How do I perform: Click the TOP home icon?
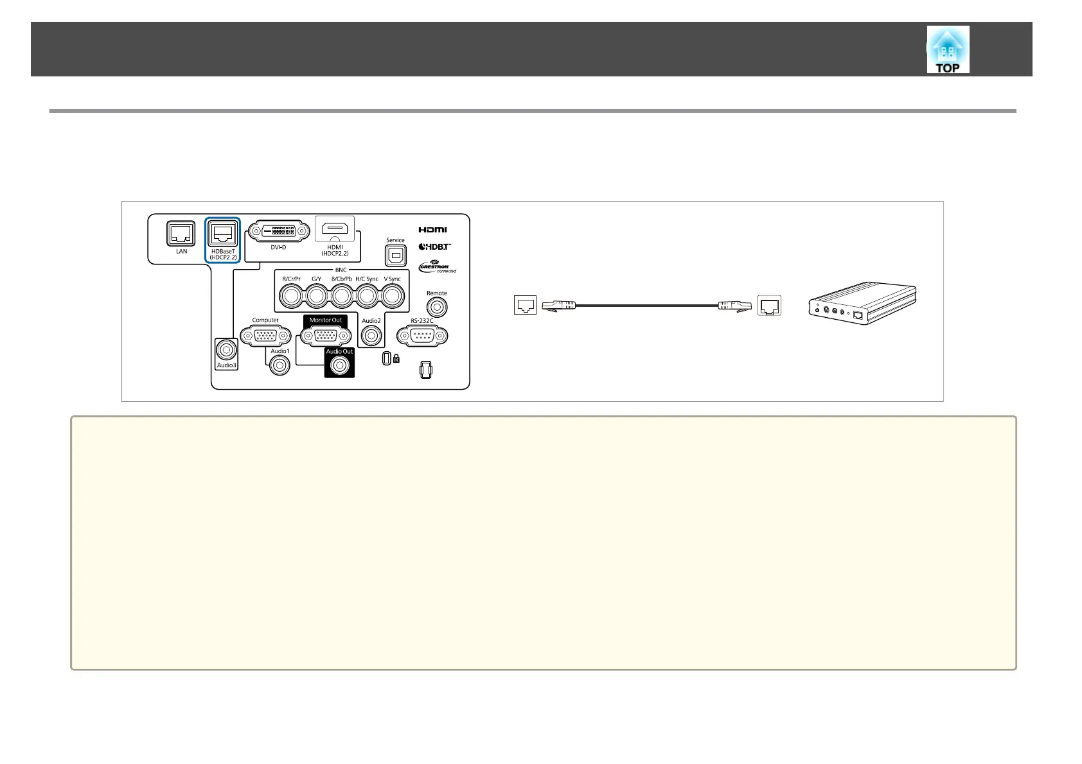(x=948, y=50)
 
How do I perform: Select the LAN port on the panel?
(x=181, y=234)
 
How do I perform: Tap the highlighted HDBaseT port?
(x=222, y=234)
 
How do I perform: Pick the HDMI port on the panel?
(x=335, y=229)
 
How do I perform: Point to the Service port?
(x=395, y=256)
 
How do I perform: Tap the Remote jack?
(x=437, y=308)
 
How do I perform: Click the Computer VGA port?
(x=265, y=335)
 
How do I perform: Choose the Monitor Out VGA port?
(x=325, y=334)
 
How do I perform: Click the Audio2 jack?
(x=371, y=335)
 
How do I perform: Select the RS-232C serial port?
(x=422, y=335)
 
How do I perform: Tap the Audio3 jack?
(x=226, y=350)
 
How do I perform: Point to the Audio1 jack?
(x=279, y=365)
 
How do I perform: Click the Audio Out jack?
(x=339, y=365)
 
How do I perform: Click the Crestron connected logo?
(x=438, y=266)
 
